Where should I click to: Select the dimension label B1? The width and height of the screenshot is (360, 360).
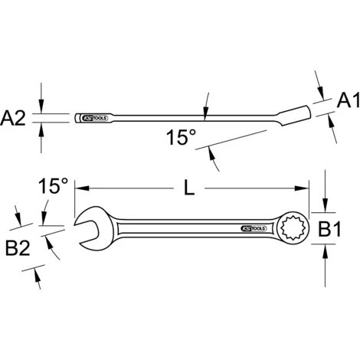pos(344,227)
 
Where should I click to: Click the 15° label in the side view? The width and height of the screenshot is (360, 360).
pos(181,139)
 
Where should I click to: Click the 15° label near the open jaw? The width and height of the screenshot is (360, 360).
pos(54,185)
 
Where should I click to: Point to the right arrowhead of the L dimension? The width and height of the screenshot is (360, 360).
pos(305,187)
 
